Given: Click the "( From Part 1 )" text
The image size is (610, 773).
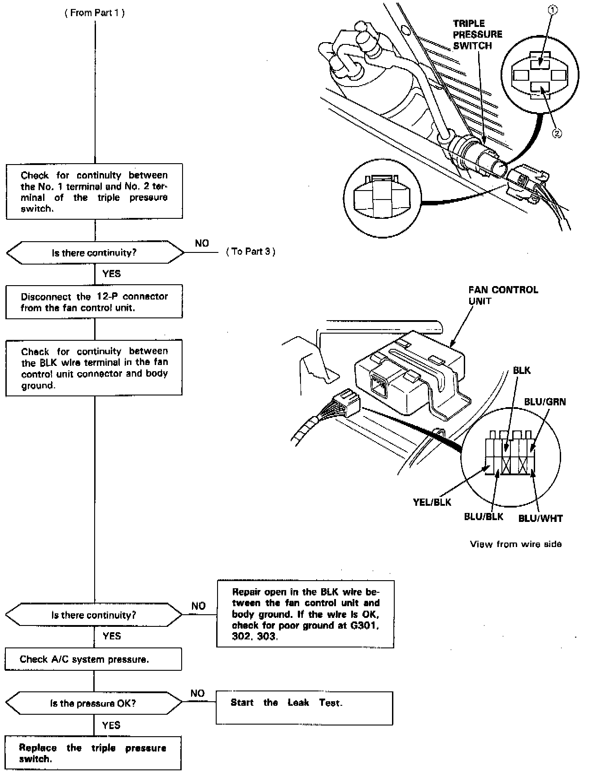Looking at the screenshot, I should tap(95, 13).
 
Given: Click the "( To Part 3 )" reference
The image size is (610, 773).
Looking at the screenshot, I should tap(251, 252).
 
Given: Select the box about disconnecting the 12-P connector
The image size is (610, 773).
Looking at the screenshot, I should tap(94, 302).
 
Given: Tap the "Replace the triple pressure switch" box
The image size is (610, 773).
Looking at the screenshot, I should tap(93, 753).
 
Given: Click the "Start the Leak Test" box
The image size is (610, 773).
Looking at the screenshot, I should tap(304, 708).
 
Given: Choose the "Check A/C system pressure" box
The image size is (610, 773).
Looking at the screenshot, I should tap(93, 659).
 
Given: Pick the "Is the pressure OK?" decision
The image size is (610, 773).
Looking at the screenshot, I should tap(93, 703).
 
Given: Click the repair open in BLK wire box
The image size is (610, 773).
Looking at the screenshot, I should tap(305, 614).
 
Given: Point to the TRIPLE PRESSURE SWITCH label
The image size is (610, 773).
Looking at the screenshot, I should tap(477, 35).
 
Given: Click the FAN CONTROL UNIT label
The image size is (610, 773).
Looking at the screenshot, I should tap(503, 295).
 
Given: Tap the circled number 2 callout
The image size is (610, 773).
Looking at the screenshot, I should tap(557, 133).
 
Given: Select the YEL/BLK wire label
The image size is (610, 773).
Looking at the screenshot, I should tap(432, 502).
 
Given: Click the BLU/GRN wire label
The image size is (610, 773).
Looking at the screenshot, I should tap(545, 402).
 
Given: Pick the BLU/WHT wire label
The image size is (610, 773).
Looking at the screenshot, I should tap(540, 518).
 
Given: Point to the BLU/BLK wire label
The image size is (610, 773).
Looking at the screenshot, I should tap(483, 517).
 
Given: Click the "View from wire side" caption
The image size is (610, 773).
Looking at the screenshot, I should tap(516, 544).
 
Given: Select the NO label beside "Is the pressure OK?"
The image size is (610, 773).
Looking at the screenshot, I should tap(197, 693).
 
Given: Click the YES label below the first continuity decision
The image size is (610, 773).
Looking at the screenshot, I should tap(111, 274).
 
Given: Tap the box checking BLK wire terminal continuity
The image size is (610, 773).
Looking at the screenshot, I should tap(94, 368).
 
